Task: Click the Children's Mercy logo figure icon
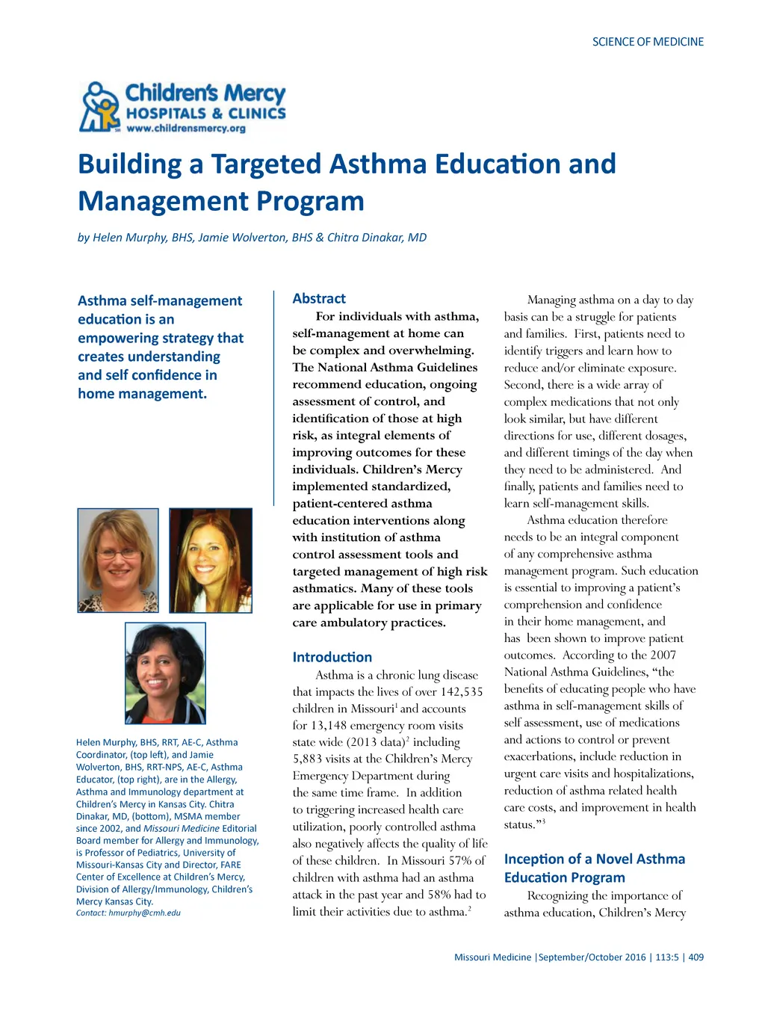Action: pyautogui.click(x=100, y=107)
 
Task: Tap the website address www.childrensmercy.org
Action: pyautogui.click(x=186, y=129)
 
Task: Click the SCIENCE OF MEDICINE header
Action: pyautogui.click(x=648, y=42)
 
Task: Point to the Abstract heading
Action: pyautogui.click(x=319, y=298)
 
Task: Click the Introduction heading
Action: pyautogui.click(x=332, y=657)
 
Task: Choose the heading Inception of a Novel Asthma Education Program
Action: pyautogui.click(x=594, y=868)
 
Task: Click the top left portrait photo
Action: pyautogui.click(x=118, y=561)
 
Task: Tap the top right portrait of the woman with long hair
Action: pyautogui.click(x=211, y=561)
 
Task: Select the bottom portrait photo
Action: pyautogui.click(x=165, y=673)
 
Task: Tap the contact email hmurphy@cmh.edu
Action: pyautogui.click(x=144, y=913)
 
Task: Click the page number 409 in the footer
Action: pyautogui.click(x=696, y=957)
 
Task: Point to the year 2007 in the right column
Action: pyautogui.click(x=663, y=655)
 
